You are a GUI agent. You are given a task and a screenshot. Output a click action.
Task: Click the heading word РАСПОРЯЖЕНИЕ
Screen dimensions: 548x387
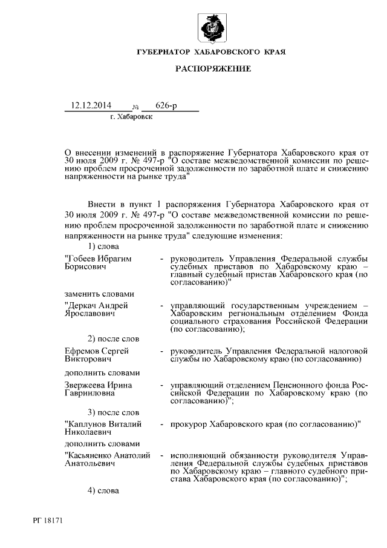point(213,69)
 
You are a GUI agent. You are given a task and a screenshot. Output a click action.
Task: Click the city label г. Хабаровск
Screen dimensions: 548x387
point(131,116)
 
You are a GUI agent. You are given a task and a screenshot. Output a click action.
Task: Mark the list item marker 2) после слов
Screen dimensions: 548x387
point(114,339)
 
